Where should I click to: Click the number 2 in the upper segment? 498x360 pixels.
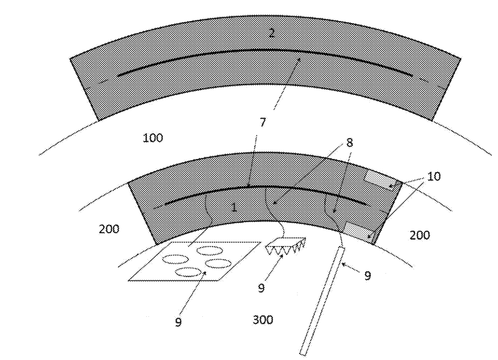(271, 33)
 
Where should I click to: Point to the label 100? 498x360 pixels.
(153, 137)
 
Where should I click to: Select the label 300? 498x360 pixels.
(262, 320)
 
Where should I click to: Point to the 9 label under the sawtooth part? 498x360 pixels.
(261, 287)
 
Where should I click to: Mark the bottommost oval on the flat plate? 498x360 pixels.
(188, 271)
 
